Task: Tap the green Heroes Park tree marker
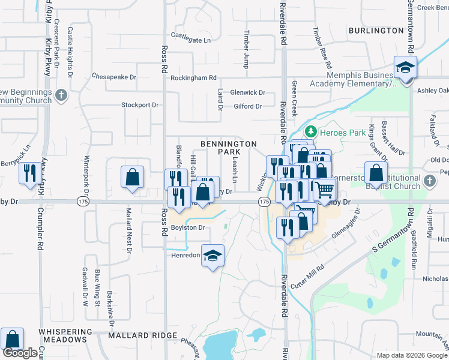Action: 311,131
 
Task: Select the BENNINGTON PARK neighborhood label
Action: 228,148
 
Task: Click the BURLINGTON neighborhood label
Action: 376,30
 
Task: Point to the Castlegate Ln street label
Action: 191,40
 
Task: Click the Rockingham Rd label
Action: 193,78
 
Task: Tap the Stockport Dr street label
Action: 139,104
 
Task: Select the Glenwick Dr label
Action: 247,92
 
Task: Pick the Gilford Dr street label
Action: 248,106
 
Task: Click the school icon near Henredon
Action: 212,256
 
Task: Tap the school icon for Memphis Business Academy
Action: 406,67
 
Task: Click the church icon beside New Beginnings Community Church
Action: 61,95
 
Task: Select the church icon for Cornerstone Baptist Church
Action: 429,181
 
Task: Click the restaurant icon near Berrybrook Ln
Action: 30,173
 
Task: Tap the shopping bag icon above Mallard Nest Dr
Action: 132,177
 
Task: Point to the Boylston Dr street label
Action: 188,227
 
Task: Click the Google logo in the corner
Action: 20,353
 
